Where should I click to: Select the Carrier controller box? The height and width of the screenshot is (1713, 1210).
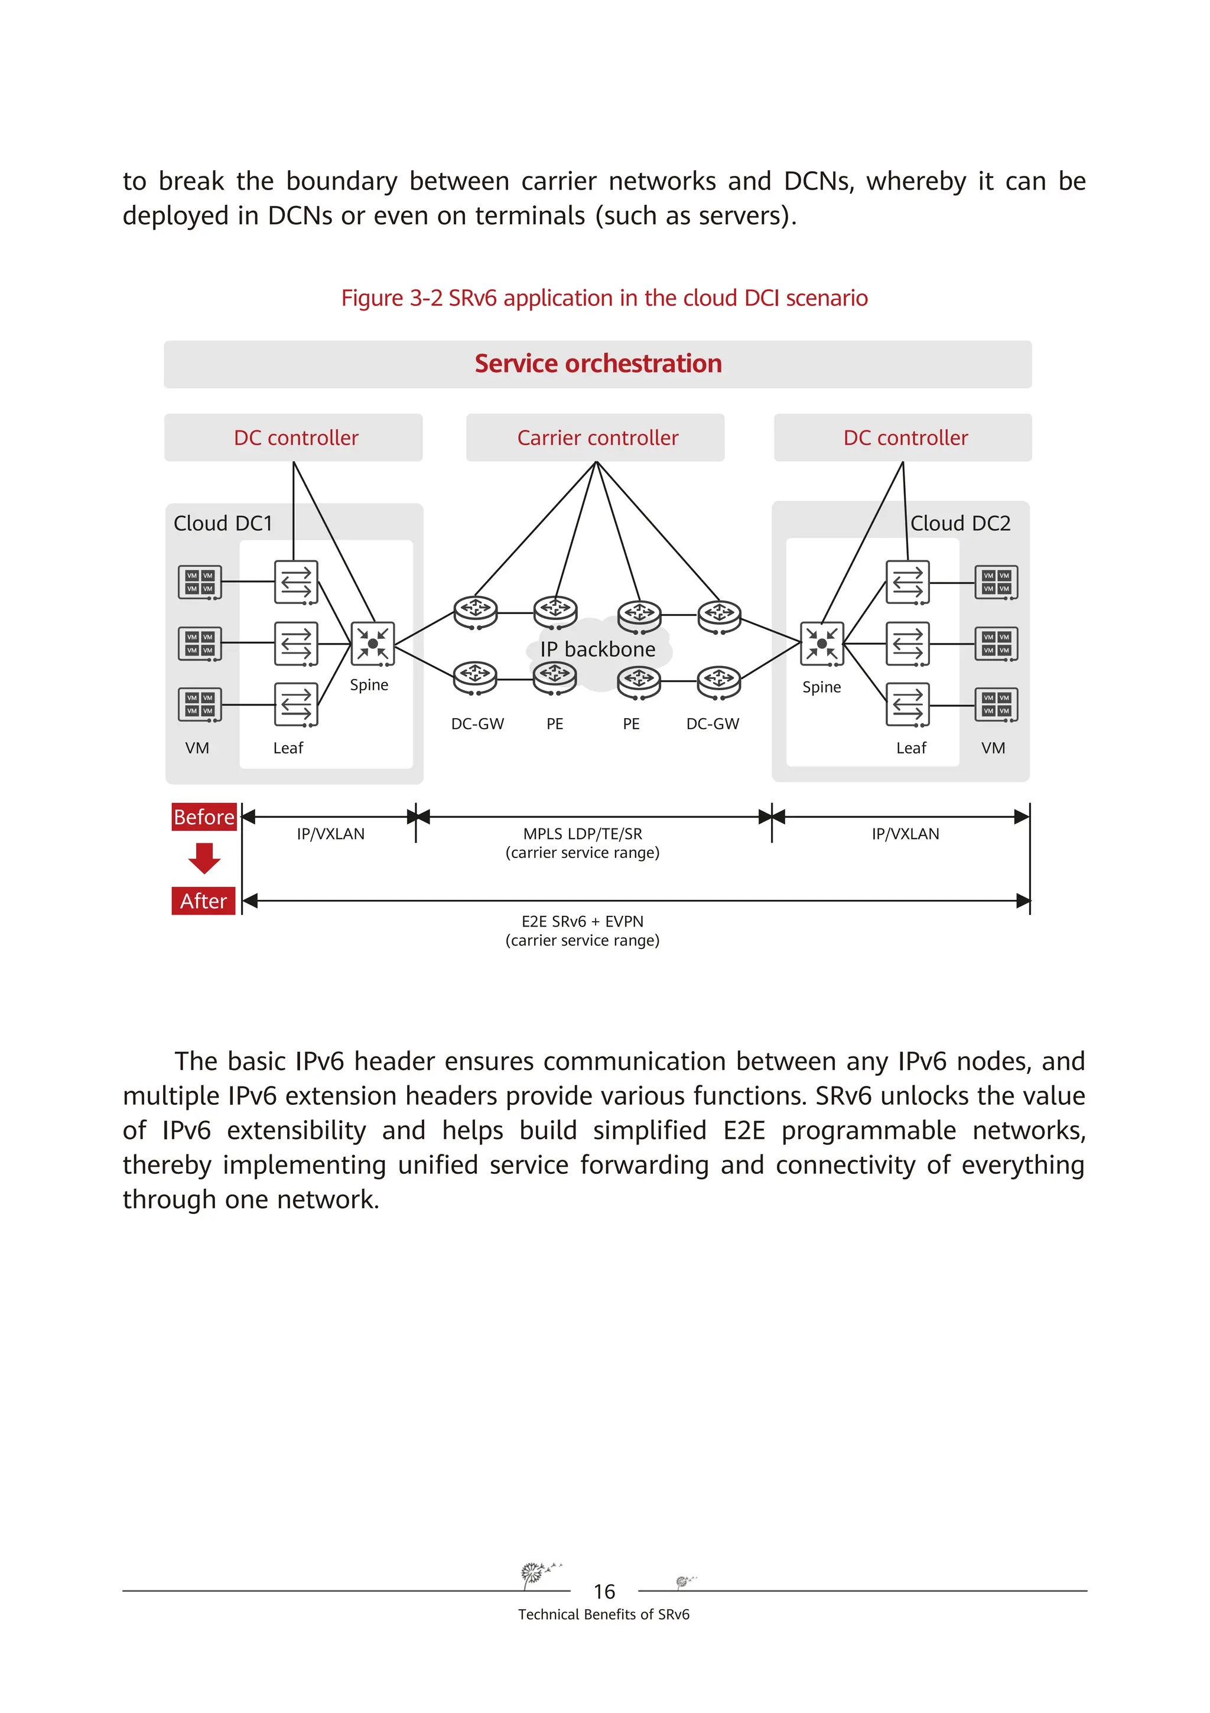click(595, 438)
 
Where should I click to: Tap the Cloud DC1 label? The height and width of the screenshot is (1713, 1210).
click(223, 524)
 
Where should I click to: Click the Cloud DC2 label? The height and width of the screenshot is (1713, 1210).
click(960, 524)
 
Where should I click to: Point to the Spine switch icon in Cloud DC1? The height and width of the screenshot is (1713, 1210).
click(372, 643)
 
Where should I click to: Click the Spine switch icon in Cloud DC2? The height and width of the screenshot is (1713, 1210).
click(822, 643)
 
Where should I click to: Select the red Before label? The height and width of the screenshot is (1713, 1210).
click(204, 817)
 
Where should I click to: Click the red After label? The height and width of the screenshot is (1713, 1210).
click(204, 901)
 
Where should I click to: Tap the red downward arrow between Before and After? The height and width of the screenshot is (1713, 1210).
click(204, 858)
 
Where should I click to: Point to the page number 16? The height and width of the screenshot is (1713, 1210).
click(604, 1592)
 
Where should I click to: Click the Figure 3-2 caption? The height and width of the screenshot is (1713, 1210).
click(604, 298)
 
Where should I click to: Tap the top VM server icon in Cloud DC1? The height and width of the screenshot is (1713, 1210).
click(199, 582)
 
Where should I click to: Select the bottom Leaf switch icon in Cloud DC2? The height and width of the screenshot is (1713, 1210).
click(907, 704)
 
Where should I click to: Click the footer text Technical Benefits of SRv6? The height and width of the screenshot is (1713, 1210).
click(604, 1614)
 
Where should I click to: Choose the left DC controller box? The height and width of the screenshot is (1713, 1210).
click(294, 438)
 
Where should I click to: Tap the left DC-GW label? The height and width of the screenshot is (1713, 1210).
click(478, 725)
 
